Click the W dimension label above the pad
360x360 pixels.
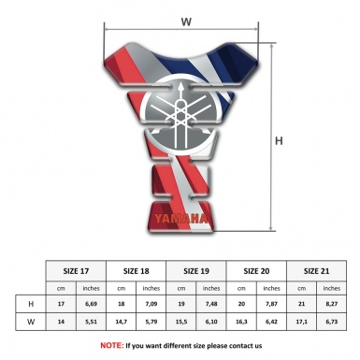pos(186,21)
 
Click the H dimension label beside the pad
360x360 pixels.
pos(278,141)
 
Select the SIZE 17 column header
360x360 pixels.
pos(76,269)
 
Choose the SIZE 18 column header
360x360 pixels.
pos(137,269)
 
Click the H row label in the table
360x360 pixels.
pos(31,304)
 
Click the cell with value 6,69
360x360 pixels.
pos(91,304)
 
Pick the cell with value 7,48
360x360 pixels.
pos(212,304)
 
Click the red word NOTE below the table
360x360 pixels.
pos(112,345)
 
